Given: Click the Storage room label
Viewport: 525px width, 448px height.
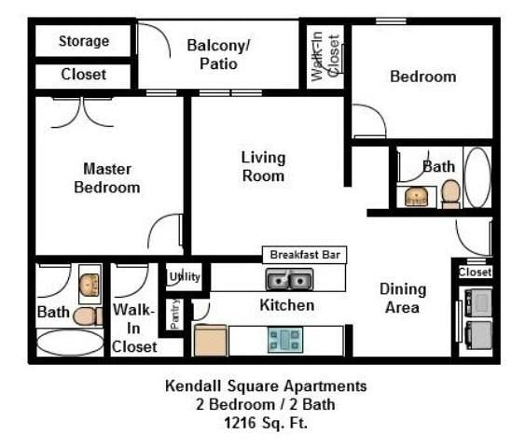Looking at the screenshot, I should click(84, 41).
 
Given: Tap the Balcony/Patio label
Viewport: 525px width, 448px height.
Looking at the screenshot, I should click(218, 54).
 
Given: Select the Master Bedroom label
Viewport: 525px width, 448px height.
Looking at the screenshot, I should click(107, 178).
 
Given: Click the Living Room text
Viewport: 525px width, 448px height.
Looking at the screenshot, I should click(263, 166).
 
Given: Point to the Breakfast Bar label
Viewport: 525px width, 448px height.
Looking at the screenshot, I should click(304, 255).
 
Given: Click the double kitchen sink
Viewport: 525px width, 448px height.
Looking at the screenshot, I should click(288, 279).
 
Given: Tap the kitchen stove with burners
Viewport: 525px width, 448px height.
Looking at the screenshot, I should click(284, 339).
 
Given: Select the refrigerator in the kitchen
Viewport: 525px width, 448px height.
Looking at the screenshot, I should click(210, 340).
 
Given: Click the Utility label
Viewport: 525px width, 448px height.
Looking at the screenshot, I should click(185, 276).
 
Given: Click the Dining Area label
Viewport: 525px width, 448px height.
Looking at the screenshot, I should click(403, 299).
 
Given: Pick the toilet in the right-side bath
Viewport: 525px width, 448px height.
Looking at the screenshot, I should click(450, 192).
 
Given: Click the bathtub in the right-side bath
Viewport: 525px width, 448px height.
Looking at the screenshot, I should click(477, 176).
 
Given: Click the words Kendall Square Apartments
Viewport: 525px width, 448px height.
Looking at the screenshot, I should click(266, 385).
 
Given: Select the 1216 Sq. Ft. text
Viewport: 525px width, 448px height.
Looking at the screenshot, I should click(266, 422).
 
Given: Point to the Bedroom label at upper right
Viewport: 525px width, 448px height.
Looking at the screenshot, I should click(422, 77).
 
